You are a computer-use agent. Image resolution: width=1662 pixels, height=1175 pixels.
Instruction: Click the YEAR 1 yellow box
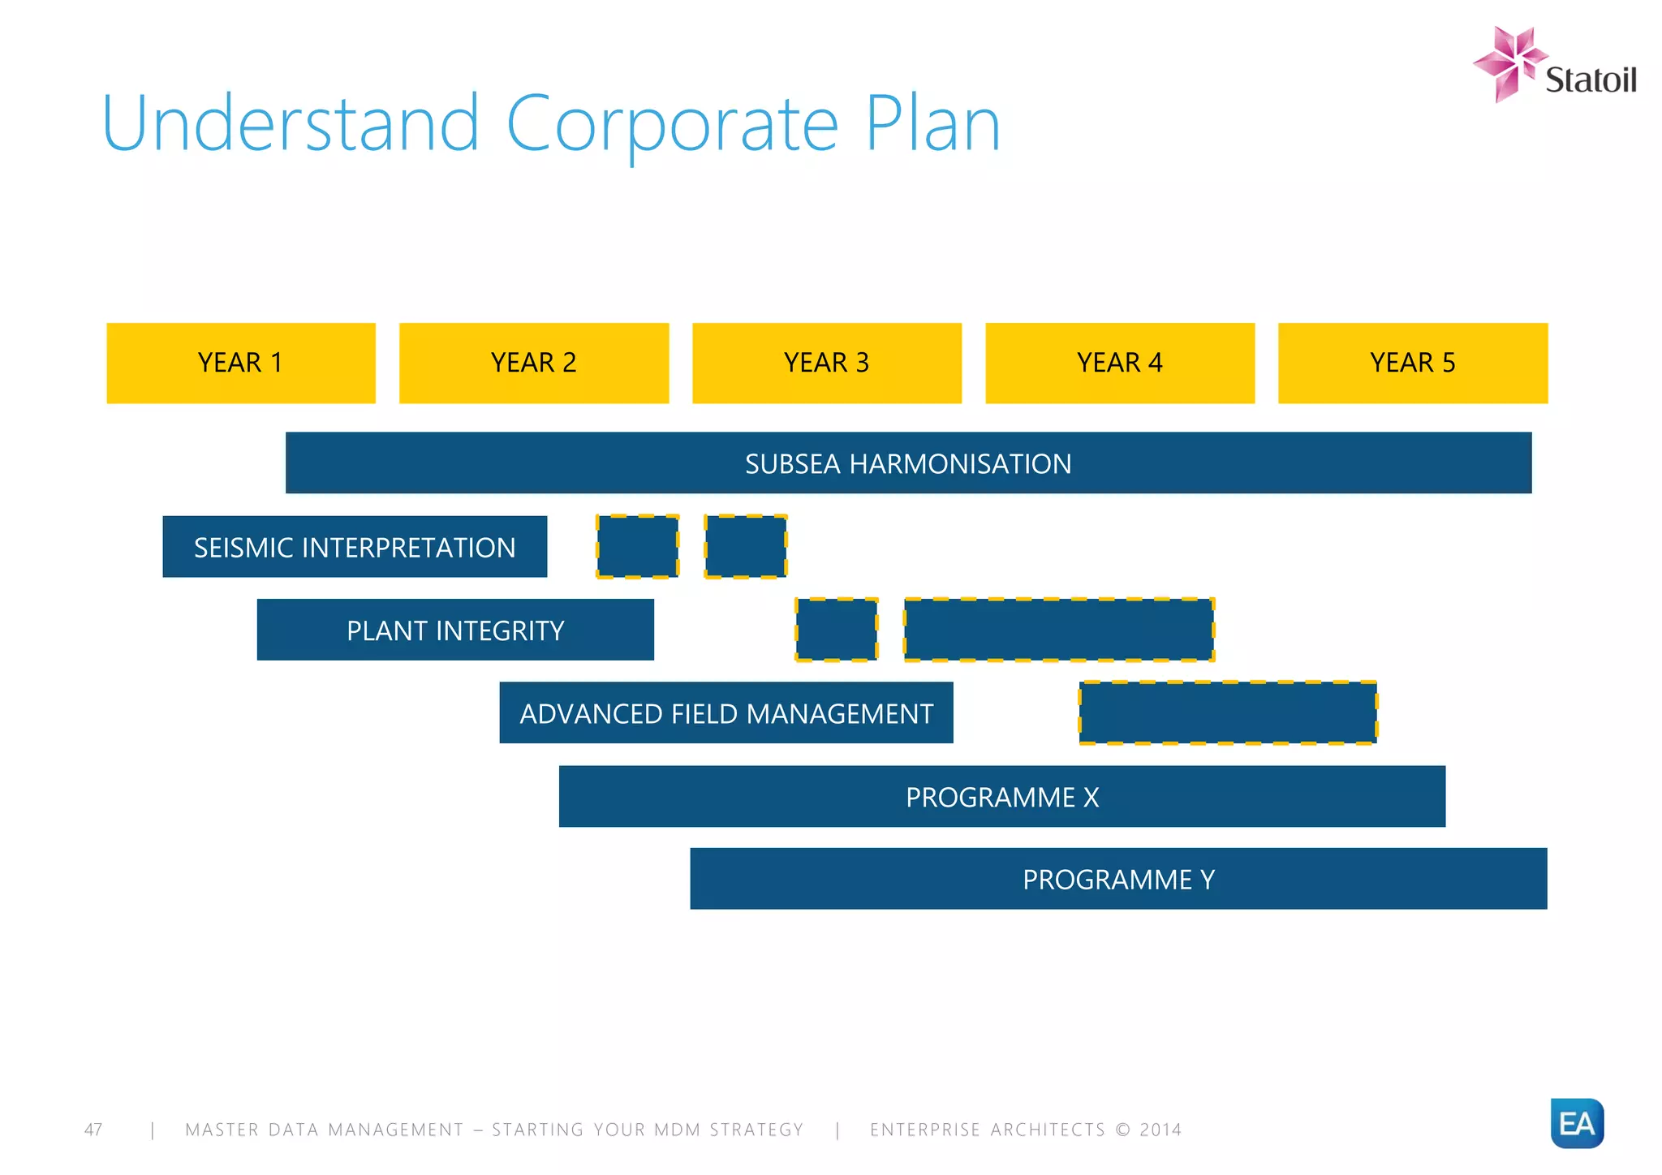point(241,363)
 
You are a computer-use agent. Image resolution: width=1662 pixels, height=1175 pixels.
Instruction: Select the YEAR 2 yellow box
point(534,363)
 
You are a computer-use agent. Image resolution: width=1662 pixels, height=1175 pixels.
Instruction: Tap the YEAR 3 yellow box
point(827,363)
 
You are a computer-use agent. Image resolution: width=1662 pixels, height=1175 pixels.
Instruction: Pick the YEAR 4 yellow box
point(1120,363)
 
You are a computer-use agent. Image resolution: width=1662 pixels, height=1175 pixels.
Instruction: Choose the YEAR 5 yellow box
point(1413,363)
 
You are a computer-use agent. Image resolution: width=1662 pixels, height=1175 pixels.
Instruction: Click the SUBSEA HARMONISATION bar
point(908,463)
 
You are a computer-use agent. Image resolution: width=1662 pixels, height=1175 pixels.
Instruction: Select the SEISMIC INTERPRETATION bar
point(355,547)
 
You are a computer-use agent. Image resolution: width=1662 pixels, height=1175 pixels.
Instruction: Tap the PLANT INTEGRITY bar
point(455,631)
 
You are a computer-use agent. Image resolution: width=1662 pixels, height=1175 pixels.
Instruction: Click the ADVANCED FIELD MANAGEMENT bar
point(726,713)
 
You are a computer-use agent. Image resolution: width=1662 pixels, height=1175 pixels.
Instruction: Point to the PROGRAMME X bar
point(1002,797)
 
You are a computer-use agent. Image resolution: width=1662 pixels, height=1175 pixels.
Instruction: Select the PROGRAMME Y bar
point(1118,879)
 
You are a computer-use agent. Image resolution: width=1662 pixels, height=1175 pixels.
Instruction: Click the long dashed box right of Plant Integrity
point(1059,631)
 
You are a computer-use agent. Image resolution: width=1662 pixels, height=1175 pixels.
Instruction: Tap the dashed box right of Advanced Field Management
point(1228,713)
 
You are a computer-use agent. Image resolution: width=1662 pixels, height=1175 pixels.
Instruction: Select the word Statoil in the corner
point(1590,80)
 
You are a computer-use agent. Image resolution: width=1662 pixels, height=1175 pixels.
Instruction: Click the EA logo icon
point(1577,1123)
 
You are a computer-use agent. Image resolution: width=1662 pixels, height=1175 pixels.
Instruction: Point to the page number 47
point(93,1130)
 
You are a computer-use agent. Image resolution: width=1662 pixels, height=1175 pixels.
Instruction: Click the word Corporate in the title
point(672,126)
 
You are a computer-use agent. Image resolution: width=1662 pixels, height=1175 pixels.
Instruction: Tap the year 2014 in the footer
point(1160,1130)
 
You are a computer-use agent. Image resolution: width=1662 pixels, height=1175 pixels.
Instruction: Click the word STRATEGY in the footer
point(756,1130)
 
